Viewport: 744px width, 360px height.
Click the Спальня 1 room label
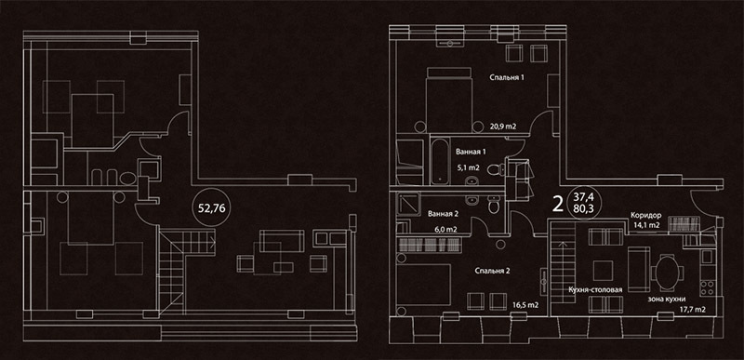(x=507, y=77)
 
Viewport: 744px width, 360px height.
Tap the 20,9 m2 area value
(x=503, y=127)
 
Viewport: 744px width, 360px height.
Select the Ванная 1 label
(x=471, y=153)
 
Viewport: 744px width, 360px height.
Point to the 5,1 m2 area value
(x=469, y=167)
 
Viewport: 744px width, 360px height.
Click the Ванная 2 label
(x=444, y=214)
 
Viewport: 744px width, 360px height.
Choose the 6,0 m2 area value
(x=445, y=229)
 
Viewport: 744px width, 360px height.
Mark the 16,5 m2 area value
(x=525, y=305)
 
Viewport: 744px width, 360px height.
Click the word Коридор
(x=645, y=215)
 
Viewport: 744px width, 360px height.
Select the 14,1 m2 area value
(x=646, y=226)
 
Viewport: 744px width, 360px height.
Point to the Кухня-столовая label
(x=595, y=289)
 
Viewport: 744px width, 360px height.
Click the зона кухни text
(x=667, y=299)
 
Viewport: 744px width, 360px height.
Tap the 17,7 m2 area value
(x=692, y=310)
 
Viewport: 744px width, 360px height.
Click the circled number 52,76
(x=212, y=207)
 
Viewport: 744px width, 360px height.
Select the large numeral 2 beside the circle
(x=559, y=204)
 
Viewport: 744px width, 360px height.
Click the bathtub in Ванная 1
(x=441, y=161)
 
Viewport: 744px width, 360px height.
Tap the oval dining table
(x=666, y=273)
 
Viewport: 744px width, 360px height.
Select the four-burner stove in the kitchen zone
(x=707, y=287)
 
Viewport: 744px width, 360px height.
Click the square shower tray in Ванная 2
(x=407, y=204)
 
